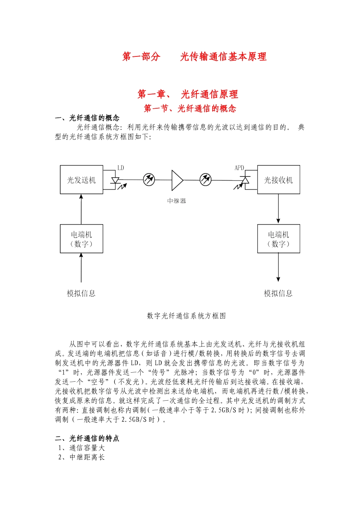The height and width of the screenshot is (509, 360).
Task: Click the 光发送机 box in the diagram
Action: point(81,180)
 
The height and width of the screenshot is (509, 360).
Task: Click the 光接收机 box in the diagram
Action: point(279,180)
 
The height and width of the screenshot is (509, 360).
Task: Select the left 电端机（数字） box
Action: point(81,239)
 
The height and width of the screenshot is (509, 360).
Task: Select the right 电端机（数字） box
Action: point(279,239)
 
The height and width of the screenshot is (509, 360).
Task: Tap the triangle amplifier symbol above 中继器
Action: point(177,180)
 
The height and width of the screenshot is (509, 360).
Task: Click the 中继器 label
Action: point(177,201)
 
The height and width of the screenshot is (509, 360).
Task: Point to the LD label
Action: point(121,168)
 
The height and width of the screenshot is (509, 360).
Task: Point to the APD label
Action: point(239,168)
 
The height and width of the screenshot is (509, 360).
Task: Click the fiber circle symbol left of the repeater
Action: point(149,180)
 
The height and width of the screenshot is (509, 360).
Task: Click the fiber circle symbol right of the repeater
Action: point(206,180)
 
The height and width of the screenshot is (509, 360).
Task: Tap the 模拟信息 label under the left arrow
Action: point(81,293)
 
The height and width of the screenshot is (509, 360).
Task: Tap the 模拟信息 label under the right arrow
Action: point(278,293)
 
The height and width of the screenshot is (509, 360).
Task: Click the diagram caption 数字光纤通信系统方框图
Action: point(186,316)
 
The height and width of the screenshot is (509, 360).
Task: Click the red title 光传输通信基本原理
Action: point(223,57)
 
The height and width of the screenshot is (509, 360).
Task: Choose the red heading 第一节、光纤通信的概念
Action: point(190,109)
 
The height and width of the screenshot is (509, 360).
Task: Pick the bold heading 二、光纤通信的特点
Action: point(87,438)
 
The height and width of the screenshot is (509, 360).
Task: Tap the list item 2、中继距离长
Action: point(81,457)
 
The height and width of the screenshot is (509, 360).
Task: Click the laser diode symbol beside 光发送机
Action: point(115,181)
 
